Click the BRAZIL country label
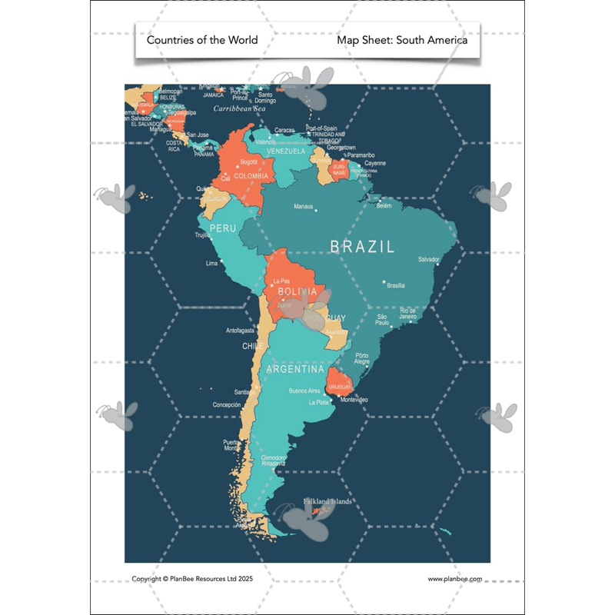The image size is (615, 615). click(x=362, y=247)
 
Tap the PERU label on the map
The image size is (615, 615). click(x=223, y=228)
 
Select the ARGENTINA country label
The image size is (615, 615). click(x=295, y=370)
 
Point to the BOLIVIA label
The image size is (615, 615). click(x=298, y=292)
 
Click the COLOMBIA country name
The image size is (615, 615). click(x=251, y=176)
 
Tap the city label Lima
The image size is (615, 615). click(x=212, y=263)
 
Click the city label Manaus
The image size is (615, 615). click(x=304, y=207)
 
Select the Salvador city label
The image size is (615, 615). click(x=429, y=260)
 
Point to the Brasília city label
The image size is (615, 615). click(x=396, y=285)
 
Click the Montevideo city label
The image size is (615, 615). click(x=354, y=400)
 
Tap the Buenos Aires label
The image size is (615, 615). click(x=304, y=391)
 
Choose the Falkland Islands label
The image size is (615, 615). click(x=327, y=501)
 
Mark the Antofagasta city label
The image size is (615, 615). click(x=240, y=331)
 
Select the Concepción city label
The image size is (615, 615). click(x=227, y=404)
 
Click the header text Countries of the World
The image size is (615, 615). click(x=202, y=40)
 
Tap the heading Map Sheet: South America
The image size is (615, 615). click(x=402, y=40)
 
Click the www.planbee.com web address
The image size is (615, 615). click(x=455, y=579)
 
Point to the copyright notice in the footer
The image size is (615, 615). click(x=192, y=579)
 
